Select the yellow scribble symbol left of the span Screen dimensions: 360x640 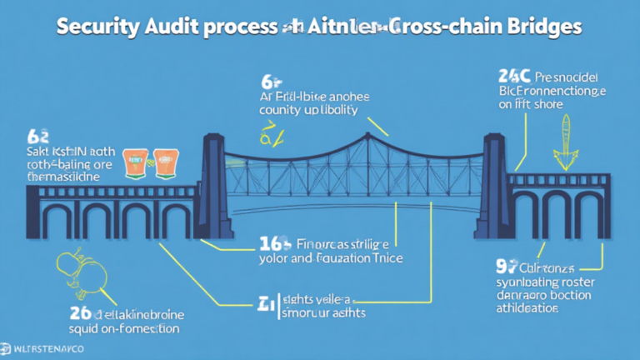(269, 133)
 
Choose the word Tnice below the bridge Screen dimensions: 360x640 (384, 258)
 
